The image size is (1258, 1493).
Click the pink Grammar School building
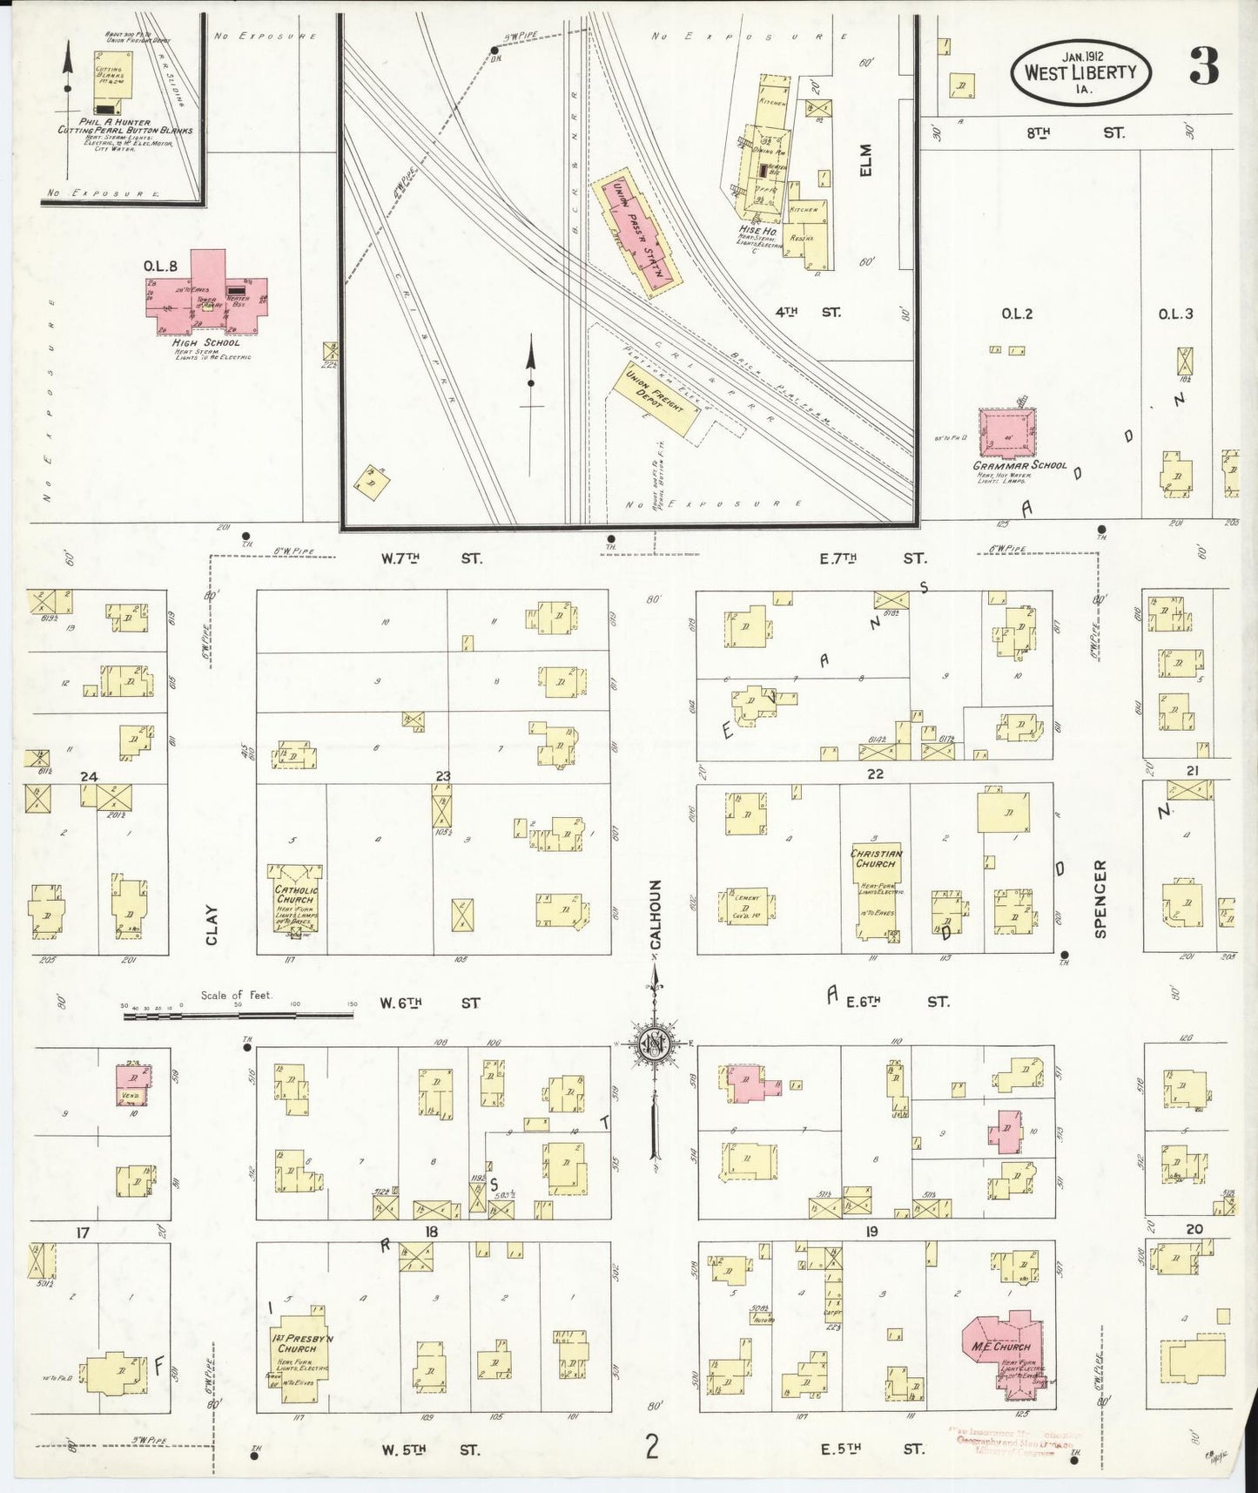[1008, 433]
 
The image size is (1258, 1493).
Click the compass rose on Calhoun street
[654, 1042]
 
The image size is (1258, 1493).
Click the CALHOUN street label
[657, 913]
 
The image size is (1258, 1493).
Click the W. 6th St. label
[430, 1003]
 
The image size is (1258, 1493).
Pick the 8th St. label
[1074, 133]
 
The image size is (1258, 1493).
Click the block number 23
[443, 775]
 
